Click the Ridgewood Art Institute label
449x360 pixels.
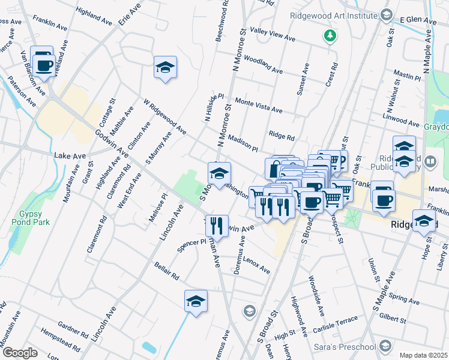(x=333, y=16)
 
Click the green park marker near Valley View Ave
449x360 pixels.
(x=329, y=37)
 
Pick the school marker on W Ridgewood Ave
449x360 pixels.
(x=164, y=67)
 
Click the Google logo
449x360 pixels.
(x=20, y=352)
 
